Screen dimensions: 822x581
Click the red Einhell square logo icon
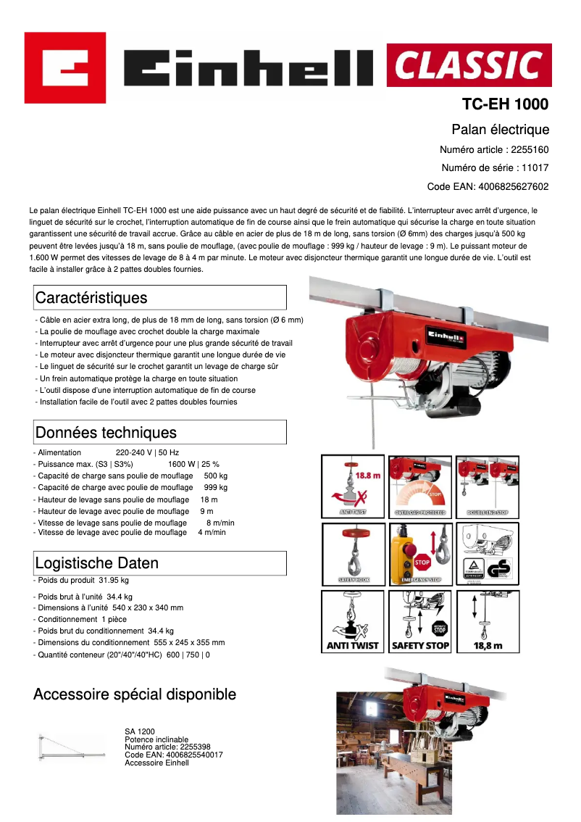pyautogui.click(x=65, y=68)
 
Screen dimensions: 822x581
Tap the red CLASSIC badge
pyautogui.click(x=469, y=65)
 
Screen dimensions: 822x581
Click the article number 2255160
pyautogui.click(x=530, y=150)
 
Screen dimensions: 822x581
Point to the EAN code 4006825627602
pyautogui.click(x=513, y=186)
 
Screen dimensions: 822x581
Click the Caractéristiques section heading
pyautogui.click(x=91, y=298)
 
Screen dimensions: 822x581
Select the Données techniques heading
pyautogui.click(x=106, y=433)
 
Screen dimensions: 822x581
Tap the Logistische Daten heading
pyautogui.click(x=96, y=563)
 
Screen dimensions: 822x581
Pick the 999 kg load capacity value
pyautogui.click(x=215, y=488)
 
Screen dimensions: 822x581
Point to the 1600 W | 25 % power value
pyautogui.click(x=193, y=464)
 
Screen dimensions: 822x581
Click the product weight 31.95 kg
pyautogui.click(x=114, y=580)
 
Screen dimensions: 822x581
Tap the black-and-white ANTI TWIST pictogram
pyautogui.click(x=352, y=620)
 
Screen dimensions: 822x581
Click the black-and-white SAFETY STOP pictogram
pyautogui.click(x=420, y=620)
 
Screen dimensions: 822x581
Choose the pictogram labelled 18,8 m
pyautogui.click(x=488, y=620)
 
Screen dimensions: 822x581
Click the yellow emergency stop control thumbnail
pyautogui.click(x=420, y=554)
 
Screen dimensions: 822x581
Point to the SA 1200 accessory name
pyautogui.click(x=140, y=731)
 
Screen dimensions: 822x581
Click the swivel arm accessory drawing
pyautogui.click(x=68, y=747)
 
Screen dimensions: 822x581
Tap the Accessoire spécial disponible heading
pyautogui.click(x=135, y=694)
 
